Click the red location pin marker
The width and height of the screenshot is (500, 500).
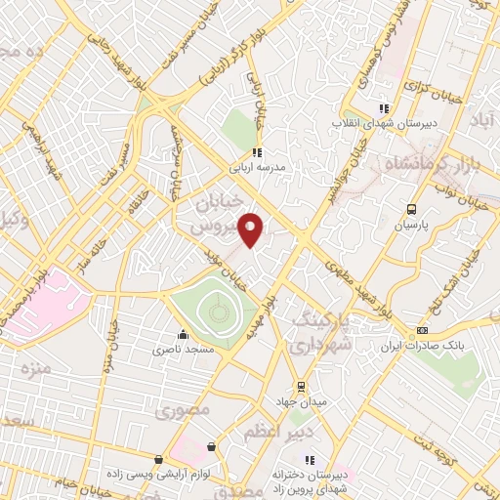(252, 229)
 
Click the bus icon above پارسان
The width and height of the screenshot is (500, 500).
(411, 209)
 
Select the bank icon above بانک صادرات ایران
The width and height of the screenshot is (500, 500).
(423, 331)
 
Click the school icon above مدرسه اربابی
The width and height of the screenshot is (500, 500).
(256, 152)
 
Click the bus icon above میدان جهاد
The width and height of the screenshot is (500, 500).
(300, 386)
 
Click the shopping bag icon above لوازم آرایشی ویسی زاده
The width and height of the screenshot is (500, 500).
(159, 458)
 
